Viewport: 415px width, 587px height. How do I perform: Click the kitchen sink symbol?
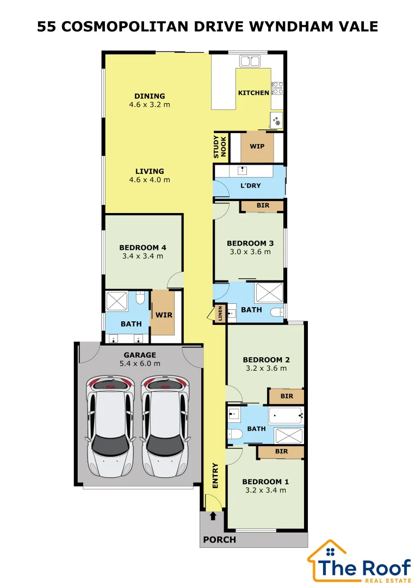[250, 61]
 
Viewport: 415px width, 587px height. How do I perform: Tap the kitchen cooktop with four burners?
[277, 88]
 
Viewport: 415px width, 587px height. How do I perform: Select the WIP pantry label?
[257, 146]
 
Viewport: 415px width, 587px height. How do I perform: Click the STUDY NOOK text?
[220, 147]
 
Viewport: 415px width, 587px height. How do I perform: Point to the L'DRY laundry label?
[251, 185]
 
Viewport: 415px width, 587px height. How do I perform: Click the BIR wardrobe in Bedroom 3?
[263, 205]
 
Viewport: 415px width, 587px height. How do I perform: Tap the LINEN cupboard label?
[220, 313]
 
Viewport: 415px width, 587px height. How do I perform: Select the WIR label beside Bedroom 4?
[164, 315]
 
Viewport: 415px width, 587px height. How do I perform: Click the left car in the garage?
[110, 427]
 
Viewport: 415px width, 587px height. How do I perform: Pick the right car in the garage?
[165, 427]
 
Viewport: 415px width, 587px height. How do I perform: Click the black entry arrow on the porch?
[213, 516]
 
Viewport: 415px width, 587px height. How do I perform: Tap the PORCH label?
[220, 540]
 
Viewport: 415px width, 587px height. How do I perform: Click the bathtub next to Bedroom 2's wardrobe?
[286, 416]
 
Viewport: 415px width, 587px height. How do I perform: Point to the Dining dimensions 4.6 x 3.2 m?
[150, 105]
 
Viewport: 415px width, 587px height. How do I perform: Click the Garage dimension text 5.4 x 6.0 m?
[140, 364]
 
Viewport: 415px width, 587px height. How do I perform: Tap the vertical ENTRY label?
[215, 476]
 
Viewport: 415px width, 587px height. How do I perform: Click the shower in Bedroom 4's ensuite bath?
[117, 301]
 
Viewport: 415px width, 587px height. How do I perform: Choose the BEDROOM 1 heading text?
[265, 482]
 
